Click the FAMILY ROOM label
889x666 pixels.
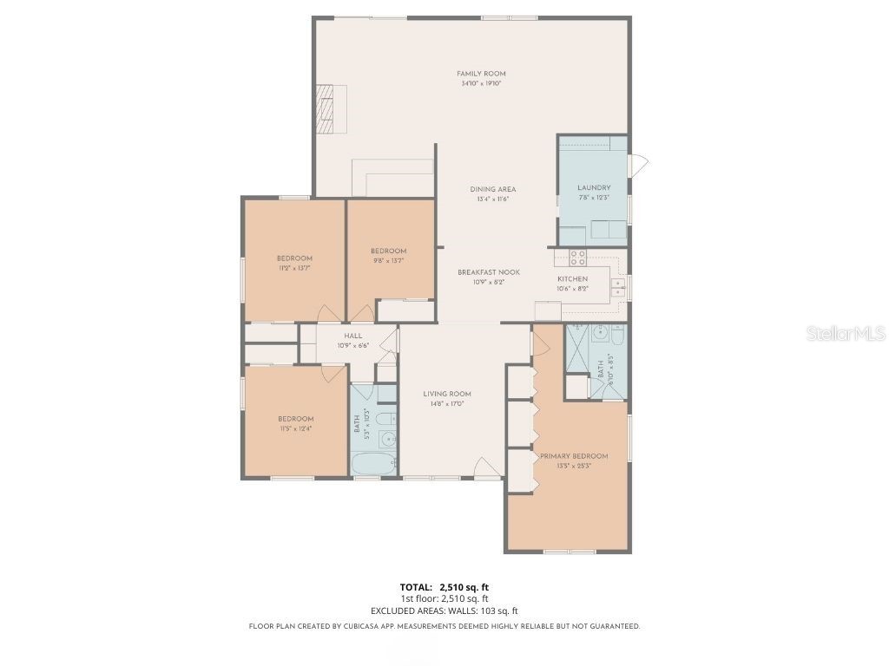pos(481,74)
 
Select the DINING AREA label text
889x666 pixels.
pos(493,189)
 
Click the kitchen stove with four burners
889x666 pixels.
pos(577,257)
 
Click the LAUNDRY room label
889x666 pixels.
pos(594,187)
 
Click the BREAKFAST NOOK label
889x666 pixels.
pos(489,272)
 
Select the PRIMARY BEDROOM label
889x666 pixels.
pos(574,456)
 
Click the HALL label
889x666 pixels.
pos(353,336)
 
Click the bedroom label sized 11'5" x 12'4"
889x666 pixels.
pos(295,420)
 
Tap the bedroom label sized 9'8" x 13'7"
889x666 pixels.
pos(387,251)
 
